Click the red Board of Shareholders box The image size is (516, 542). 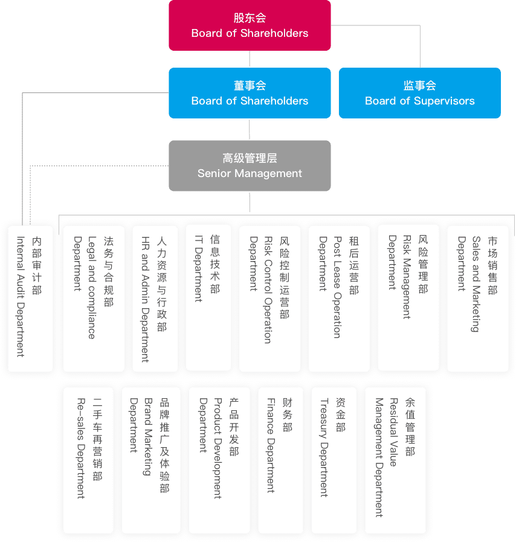tap(250, 25)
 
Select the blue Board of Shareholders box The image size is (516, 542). tap(250, 93)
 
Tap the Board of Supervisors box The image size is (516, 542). tap(419, 93)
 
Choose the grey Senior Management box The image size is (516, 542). tap(250, 166)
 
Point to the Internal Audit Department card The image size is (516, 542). tap(30, 298)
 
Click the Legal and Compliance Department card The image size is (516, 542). tap(94, 298)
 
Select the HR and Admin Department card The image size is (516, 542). tap(155, 298)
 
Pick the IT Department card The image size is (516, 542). tap(208, 297)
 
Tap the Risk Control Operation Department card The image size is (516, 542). tap(269, 298)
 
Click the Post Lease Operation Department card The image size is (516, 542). tap(339, 298)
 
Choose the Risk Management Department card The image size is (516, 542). tap(408, 297)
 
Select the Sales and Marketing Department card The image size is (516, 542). tap(478, 298)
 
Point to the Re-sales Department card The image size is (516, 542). tap(88, 460)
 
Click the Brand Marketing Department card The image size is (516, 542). tap(151, 460)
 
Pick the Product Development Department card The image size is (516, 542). tap(219, 460)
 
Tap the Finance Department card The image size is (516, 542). tap(280, 460)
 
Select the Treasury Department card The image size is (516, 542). tap(334, 460)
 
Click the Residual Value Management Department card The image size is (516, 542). tap(395, 460)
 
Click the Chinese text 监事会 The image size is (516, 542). tap(419, 85)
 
